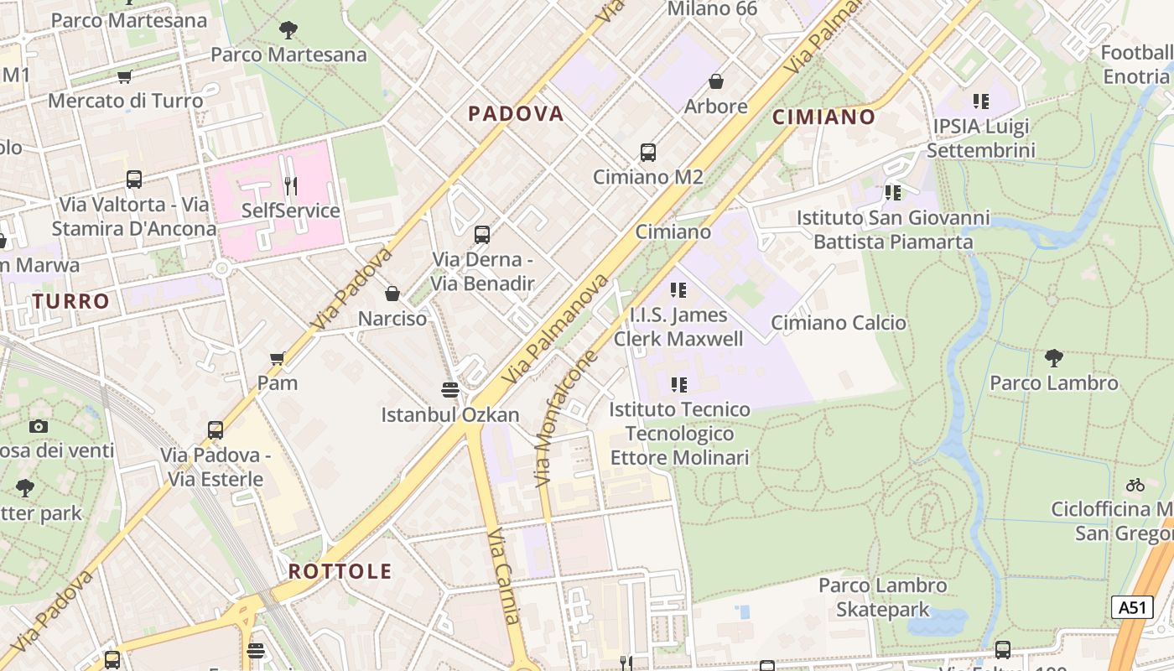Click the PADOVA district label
point(516,114)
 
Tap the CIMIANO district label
point(823,117)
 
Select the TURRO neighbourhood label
point(71,301)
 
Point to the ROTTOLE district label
point(340,572)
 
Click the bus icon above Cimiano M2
point(648,153)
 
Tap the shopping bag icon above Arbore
point(716,81)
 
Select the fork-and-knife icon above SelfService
point(290,185)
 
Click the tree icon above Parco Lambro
point(1054,358)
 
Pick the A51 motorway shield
point(1132,607)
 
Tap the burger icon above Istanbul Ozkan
point(450,390)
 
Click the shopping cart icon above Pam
point(277,359)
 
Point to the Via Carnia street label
point(505,576)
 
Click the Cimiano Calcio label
point(839,323)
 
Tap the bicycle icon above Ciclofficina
point(1135,485)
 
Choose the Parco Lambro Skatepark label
point(883,597)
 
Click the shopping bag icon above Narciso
point(392,294)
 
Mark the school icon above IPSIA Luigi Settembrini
point(981,101)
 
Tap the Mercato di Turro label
point(126,101)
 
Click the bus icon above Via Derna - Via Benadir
point(482,235)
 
